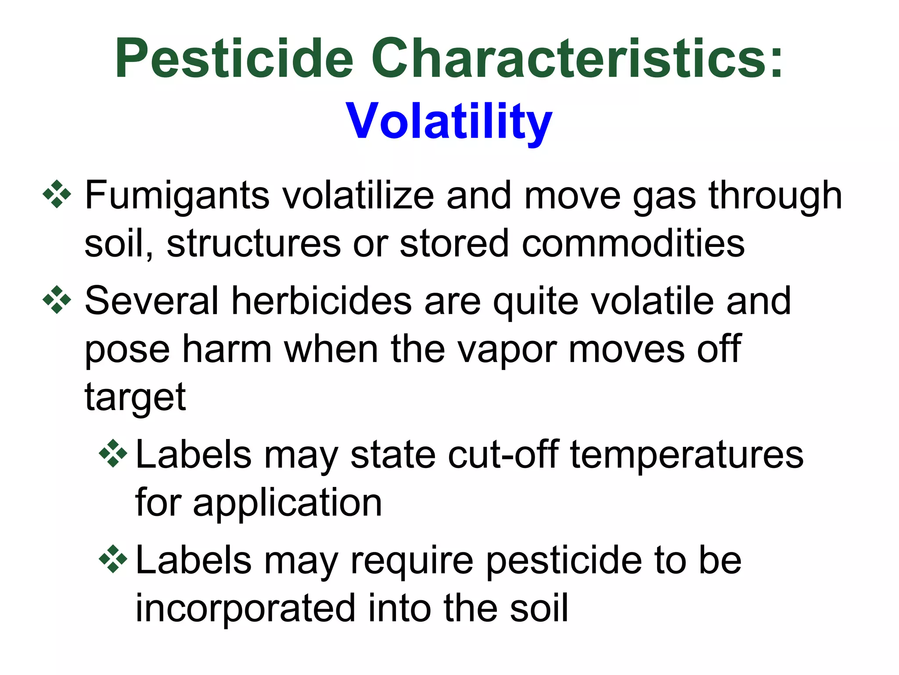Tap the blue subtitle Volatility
point(449,120)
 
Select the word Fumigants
point(177,196)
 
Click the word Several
point(151,301)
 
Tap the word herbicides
point(321,301)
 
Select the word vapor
point(507,350)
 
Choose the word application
point(287,504)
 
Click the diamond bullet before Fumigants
point(57,194)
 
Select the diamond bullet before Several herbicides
point(57,300)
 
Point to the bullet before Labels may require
point(113,559)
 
